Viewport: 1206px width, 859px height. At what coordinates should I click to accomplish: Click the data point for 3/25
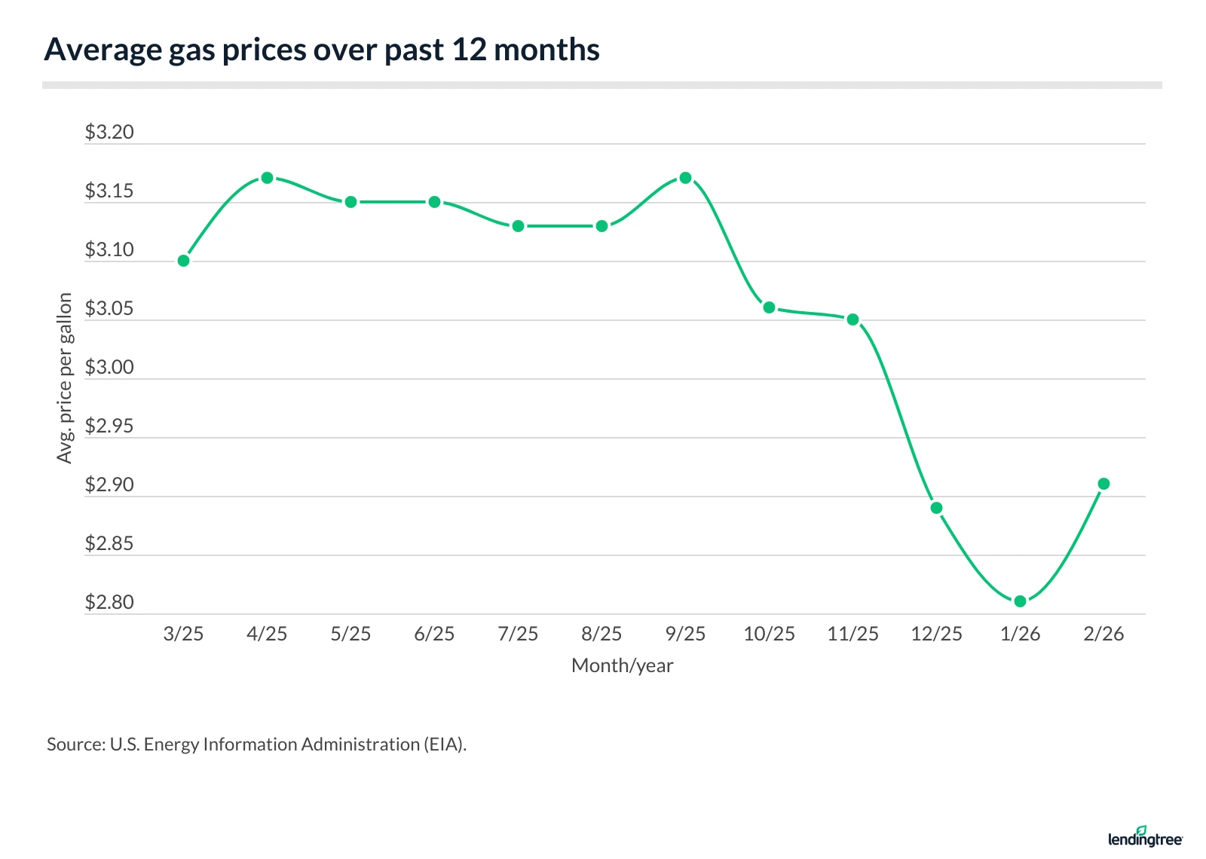(183, 261)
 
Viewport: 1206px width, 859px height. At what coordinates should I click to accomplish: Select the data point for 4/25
(267, 178)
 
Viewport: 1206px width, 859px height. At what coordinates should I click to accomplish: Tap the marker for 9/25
(685, 179)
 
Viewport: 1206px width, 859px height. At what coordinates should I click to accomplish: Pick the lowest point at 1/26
(1020, 601)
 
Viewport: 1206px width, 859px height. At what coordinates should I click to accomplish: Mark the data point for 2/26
(1103, 484)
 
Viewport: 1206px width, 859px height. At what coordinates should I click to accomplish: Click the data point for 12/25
(936, 508)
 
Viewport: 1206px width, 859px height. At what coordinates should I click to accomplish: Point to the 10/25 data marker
(769, 307)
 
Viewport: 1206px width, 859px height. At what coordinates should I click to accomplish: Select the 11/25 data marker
(852, 319)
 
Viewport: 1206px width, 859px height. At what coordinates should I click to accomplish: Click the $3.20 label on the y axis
(109, 133)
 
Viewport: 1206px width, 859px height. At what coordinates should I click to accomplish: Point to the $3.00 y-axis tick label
(109, 368)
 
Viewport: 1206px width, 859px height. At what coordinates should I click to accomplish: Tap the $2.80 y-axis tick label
(109, 603)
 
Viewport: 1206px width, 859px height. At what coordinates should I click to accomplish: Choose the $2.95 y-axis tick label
(109, 426)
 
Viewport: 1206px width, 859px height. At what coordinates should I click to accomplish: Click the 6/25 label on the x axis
(434, 634)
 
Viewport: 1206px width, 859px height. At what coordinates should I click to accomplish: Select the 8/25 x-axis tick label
(601, 634)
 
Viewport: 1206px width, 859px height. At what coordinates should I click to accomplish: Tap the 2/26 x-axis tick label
(1103, 634)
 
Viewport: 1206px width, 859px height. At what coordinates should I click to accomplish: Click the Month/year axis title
(622, 666)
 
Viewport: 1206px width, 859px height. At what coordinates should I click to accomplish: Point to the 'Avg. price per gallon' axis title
(65, 378)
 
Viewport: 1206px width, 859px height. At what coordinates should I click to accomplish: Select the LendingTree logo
(1145, 837)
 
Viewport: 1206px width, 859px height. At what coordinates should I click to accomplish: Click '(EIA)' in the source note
(445, 744)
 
